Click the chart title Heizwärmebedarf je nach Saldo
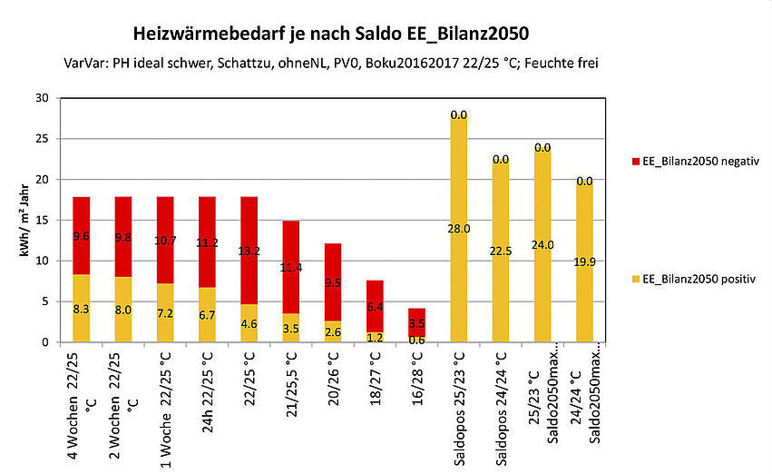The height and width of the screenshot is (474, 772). click(330, 35)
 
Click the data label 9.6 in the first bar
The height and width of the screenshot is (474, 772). click(81, 235)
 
